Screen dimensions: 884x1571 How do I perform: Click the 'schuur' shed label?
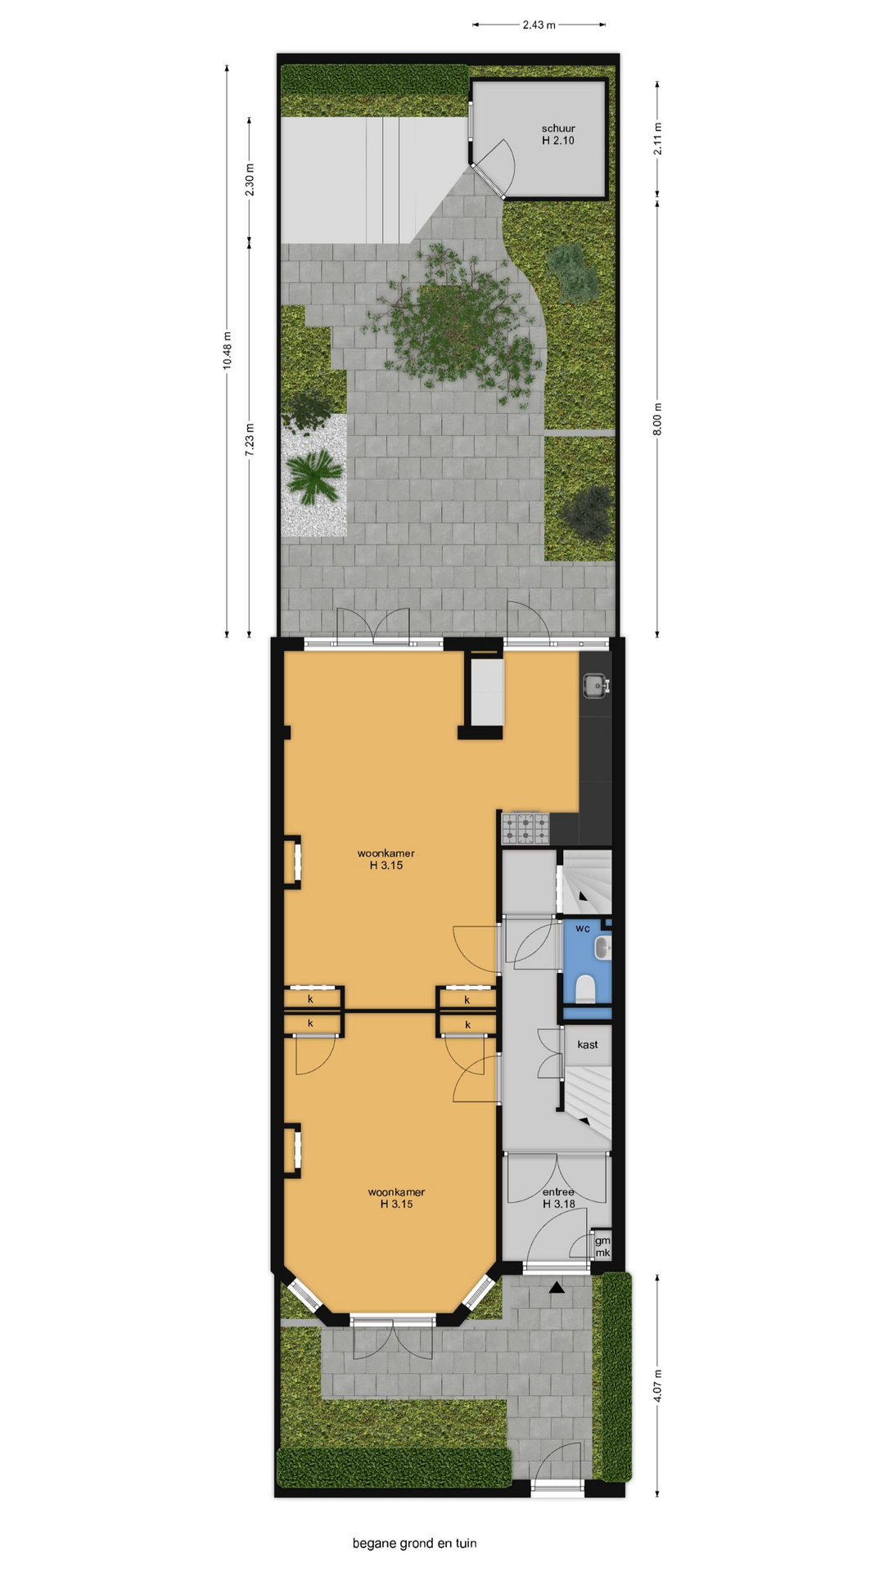(x=558, y=128)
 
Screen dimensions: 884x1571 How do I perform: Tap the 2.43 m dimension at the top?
(x=539, y=25)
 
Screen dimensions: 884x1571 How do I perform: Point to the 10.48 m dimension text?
(x=228, y=350)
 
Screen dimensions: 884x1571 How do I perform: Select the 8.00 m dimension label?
(x=658, y=419)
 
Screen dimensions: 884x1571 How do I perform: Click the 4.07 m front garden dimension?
(x=658, y=1385)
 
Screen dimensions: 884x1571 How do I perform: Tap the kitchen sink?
(x=595, y=685)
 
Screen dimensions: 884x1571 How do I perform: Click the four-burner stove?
(x=525, y=828)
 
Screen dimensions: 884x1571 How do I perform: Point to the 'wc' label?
(x=583, y=929)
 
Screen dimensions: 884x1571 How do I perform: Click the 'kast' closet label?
(x=588, y=1045)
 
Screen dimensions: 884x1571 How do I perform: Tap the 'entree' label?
(x=558, y=1192)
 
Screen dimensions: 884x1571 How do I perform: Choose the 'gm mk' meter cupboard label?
(x=602, y=1247)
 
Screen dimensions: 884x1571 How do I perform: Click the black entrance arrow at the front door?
(x=557, y=1288)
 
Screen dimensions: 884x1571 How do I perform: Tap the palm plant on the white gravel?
(x=313, y=476)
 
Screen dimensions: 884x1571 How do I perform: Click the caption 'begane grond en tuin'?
(x=414, y=1544)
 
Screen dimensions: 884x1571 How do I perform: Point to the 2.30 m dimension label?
(x=250, y=179)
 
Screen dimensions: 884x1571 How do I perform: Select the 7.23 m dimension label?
(x=250, y=439)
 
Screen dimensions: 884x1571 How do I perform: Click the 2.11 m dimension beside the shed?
(x=658, y=138)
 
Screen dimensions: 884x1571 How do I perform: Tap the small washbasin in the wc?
(x=603, y=948)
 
